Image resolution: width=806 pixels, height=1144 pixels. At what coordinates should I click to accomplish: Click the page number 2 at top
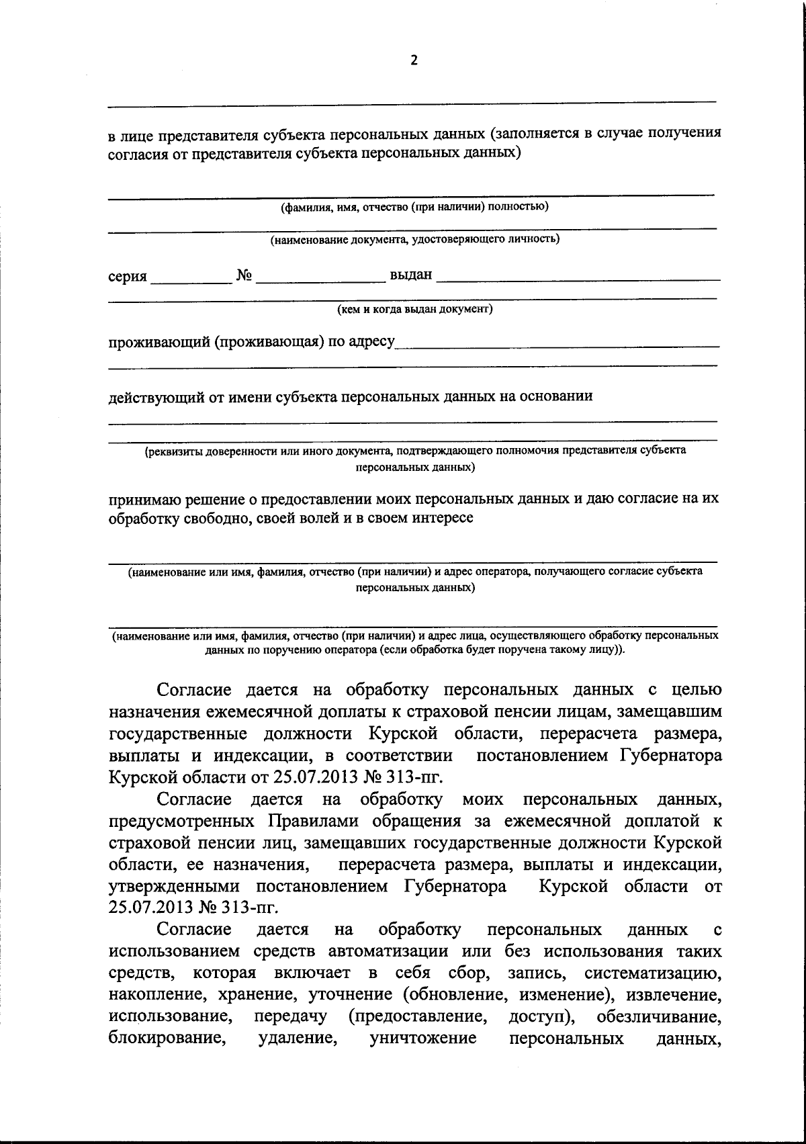pos(414,60)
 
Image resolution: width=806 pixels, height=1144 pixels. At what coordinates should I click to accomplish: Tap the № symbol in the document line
pos(244,275)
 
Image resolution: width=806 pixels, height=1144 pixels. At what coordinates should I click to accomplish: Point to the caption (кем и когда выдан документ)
pos(414,310)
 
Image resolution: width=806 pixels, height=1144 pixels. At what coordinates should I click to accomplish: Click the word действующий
pos(154,397)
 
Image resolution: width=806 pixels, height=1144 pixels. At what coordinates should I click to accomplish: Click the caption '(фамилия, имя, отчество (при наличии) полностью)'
pos(414,207)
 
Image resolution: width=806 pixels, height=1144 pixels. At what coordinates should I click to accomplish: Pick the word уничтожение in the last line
pos(423,1039)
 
